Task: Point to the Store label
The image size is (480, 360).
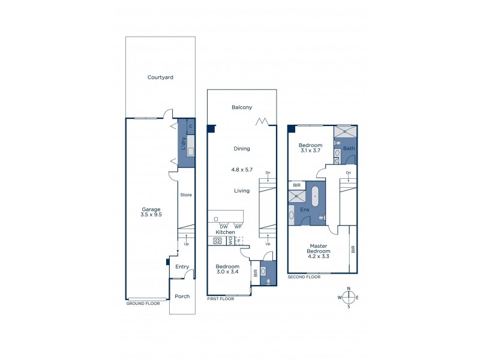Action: point(186,195)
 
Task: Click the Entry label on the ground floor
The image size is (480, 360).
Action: point(182,267)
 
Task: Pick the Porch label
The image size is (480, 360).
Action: point(181,296)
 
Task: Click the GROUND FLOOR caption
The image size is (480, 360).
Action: point(143,304)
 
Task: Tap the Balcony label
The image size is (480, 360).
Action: point(241,107)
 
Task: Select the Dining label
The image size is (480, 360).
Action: point(242,148)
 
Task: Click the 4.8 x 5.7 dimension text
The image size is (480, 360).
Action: point(242,169)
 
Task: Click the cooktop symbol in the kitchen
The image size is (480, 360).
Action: point(217,241)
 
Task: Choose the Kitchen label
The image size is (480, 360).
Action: point(225,232)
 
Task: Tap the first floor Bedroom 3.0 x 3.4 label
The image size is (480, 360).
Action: point(227,269)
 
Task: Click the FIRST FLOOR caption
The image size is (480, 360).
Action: point(220,298)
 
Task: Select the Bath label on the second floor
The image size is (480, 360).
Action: point(349,148)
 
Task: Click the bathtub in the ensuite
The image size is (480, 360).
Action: point(316,196)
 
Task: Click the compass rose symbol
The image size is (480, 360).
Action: point(349,298)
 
